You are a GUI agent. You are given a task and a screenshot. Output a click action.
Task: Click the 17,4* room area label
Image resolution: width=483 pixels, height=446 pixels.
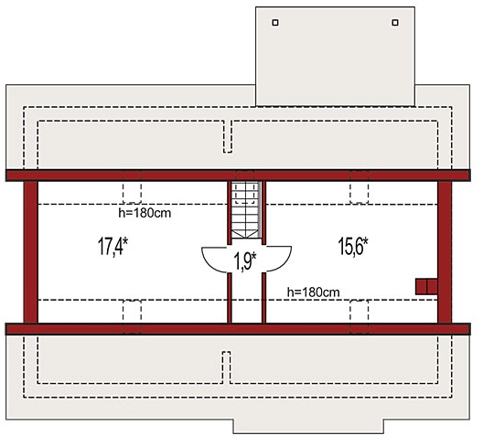point(113,246)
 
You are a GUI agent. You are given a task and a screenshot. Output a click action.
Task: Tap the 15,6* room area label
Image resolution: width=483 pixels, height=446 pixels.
point(353,246)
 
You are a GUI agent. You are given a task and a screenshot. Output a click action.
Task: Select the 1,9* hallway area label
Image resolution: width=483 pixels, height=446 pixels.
point(245,261)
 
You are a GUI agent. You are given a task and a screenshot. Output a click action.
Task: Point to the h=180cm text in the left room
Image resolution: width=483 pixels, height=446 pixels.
point(145,213)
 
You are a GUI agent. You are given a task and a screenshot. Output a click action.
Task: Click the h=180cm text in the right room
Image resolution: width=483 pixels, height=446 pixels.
point(313,292)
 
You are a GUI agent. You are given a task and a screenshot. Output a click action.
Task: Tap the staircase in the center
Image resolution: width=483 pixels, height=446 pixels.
point(246,210)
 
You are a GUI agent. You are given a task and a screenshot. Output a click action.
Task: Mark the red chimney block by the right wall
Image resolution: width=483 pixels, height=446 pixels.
point(426,287)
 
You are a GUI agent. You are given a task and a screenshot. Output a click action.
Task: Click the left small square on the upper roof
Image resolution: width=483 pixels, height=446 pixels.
point(275,23)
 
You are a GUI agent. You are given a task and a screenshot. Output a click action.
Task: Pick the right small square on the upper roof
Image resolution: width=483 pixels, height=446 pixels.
point(395,23)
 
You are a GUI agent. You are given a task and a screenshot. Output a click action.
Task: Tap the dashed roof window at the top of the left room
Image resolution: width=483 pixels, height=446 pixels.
point(132,186)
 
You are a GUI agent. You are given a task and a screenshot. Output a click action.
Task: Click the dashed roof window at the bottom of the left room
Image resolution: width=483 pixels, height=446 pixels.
point(132,317)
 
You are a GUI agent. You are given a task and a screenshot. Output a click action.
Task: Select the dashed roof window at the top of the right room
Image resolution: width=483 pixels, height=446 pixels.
point(360,186)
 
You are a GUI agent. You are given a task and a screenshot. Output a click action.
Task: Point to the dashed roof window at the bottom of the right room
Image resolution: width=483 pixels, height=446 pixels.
point(360,317)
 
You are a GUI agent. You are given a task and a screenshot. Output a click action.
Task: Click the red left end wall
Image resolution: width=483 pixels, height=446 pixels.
point(31,252)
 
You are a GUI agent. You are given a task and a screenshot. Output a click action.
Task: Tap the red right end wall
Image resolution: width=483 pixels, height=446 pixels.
point(445,252)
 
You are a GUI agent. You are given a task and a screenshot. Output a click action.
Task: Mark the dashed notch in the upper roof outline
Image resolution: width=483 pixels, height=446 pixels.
point(228,136)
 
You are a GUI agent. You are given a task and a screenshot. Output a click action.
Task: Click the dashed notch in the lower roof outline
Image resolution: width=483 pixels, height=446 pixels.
point(227,367)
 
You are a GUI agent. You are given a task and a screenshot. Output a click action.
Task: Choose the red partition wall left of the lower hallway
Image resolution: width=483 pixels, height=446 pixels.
point(230,298)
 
